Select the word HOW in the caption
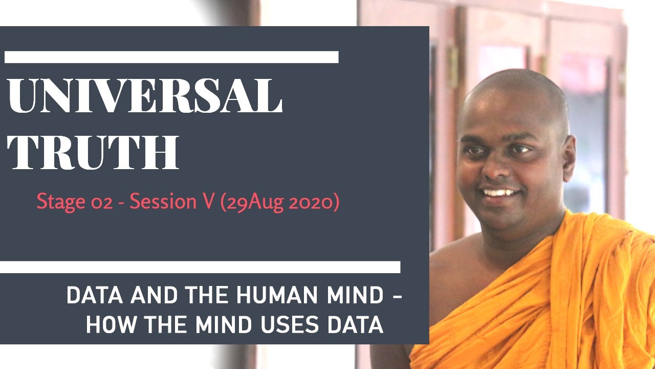pos(107,325)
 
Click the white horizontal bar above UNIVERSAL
pos(171,57)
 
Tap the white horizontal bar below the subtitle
pos(200,267)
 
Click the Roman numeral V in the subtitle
pos(205,202)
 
